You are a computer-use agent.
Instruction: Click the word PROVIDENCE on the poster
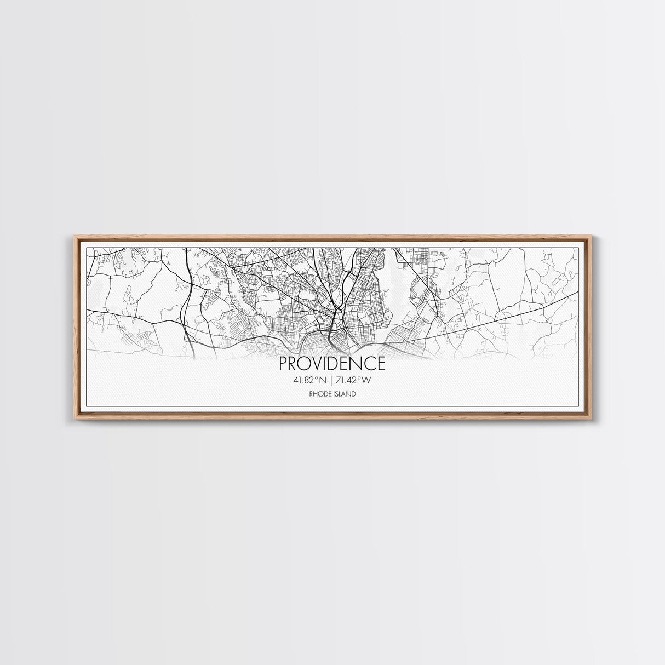[x=332, y=363]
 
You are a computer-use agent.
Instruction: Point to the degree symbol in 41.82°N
[x=316, y=377]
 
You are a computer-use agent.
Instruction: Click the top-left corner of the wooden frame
[x=74, y=236]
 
